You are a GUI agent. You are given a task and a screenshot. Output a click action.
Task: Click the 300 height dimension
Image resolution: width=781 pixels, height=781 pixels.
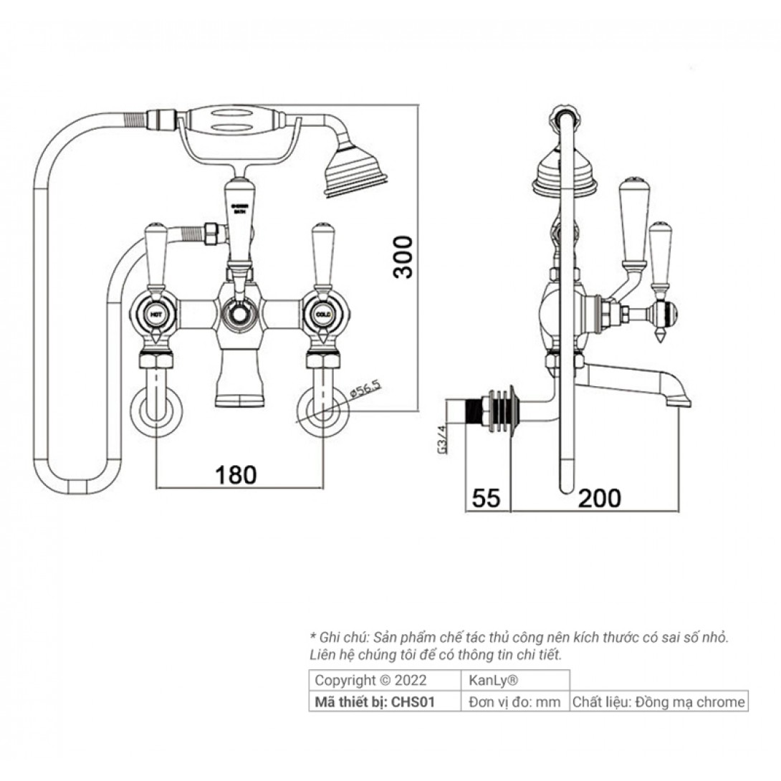point(404,257)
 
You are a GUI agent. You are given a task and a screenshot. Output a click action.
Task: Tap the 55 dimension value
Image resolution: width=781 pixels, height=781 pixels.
point(487,497)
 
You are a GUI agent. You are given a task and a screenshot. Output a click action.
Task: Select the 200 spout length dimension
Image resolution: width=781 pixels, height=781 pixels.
point(600,497)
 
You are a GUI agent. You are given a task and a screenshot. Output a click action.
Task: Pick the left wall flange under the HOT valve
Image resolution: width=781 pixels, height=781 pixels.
point(155,411)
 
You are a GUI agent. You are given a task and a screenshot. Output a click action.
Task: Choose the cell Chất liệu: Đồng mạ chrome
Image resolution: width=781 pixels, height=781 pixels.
point(658,701)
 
